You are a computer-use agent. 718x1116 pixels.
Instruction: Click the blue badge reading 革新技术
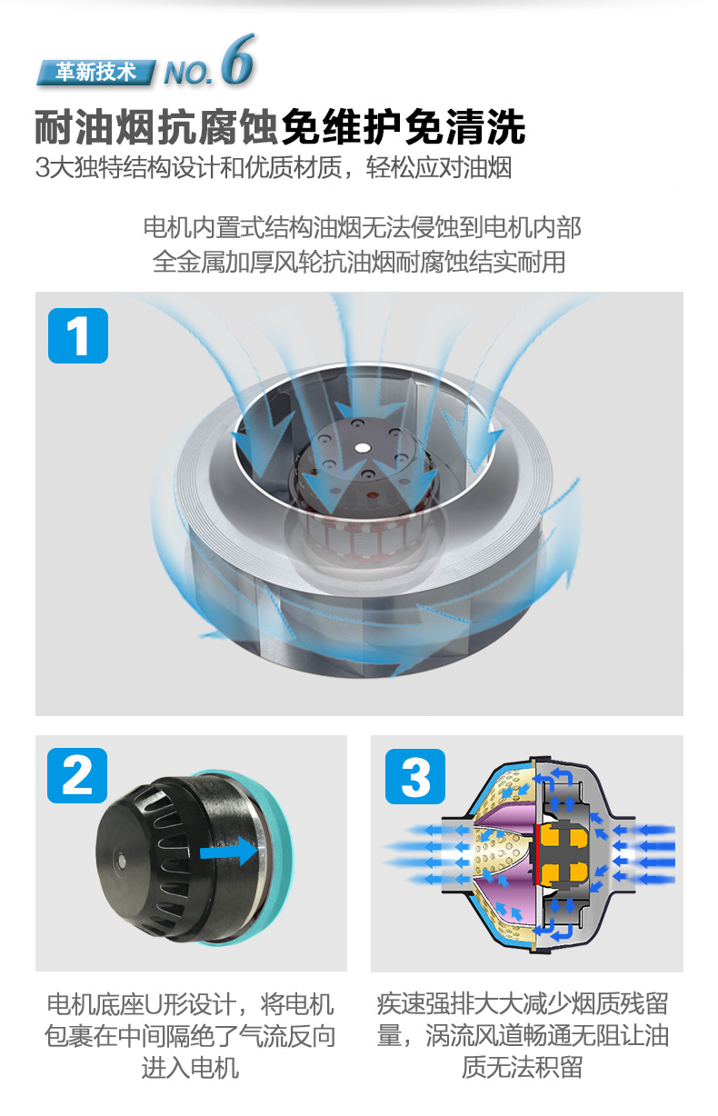[95, 73]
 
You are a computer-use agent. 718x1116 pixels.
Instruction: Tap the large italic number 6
[238, 60]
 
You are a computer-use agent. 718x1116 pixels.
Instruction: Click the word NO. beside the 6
[188, 74]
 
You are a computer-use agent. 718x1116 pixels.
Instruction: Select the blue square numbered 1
[78, 335]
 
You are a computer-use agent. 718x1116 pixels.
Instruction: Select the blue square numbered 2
[77, 775]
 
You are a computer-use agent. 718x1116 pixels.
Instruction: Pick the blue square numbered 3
[415, 776]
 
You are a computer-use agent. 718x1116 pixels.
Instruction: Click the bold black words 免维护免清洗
[404, 127]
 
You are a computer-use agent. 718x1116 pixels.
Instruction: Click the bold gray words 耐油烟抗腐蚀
[157, 127]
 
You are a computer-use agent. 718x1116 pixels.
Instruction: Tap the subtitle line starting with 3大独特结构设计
[274, 167]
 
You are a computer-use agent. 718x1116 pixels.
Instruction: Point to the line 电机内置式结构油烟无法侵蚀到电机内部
[363, 227]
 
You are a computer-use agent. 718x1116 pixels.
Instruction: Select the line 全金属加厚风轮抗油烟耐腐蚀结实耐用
[359, 262]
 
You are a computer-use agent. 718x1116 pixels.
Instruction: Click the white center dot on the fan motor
[361, 447]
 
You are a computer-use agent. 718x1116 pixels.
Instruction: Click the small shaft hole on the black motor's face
[120, 858]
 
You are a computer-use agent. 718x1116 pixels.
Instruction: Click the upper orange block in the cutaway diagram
[563, 835]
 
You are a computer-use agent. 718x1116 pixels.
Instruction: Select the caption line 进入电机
[190, 1068]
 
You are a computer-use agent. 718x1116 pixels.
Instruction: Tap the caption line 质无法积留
[522, 1067]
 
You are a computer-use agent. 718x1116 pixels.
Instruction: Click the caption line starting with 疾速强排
[523, 1003]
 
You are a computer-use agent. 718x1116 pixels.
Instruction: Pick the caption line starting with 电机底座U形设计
[190, 1004]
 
